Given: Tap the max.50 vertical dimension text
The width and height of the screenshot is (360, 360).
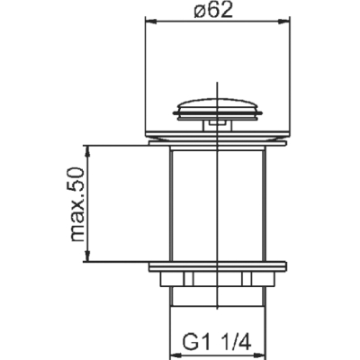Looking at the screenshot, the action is pyautogui.click(x=76, y=205).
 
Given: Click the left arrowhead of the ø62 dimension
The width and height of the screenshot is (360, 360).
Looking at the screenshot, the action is pyautogui.click(x=151, y=21).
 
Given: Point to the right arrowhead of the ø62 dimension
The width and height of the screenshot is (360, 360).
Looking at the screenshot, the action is pyautogui.click(x=284, y=21).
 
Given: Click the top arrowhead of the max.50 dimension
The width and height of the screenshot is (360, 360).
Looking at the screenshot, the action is pyautogui.click(x=87, y=151).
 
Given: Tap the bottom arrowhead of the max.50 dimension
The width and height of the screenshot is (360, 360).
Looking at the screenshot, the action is pyautogui.click(x=87, y=256).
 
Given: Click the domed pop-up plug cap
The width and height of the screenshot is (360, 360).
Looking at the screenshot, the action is pyautogui.click(x=218, y=109).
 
